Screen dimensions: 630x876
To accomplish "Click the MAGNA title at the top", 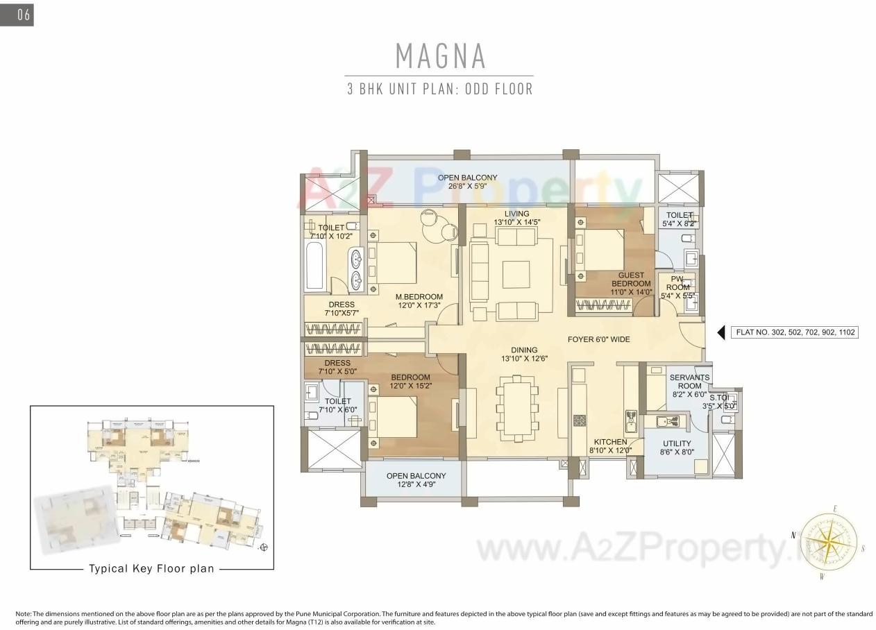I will click(440, 56).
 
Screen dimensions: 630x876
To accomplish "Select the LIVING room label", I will click(516, 214).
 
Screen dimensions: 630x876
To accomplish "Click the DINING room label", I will click(524, 350).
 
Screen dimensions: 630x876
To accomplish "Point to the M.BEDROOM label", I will click(419, 297).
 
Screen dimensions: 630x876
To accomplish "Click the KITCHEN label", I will click(610, 442).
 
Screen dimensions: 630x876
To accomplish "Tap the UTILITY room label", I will click(677, 444).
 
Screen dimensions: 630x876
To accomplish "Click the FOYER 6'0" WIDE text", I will click(598, 339).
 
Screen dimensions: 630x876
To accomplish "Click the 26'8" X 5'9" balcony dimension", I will click(467, 186).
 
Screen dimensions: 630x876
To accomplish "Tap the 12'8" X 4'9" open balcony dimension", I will click(416, 486).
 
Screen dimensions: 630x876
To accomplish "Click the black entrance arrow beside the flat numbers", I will click(722, 332).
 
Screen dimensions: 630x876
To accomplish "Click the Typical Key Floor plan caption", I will click(151, 568).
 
